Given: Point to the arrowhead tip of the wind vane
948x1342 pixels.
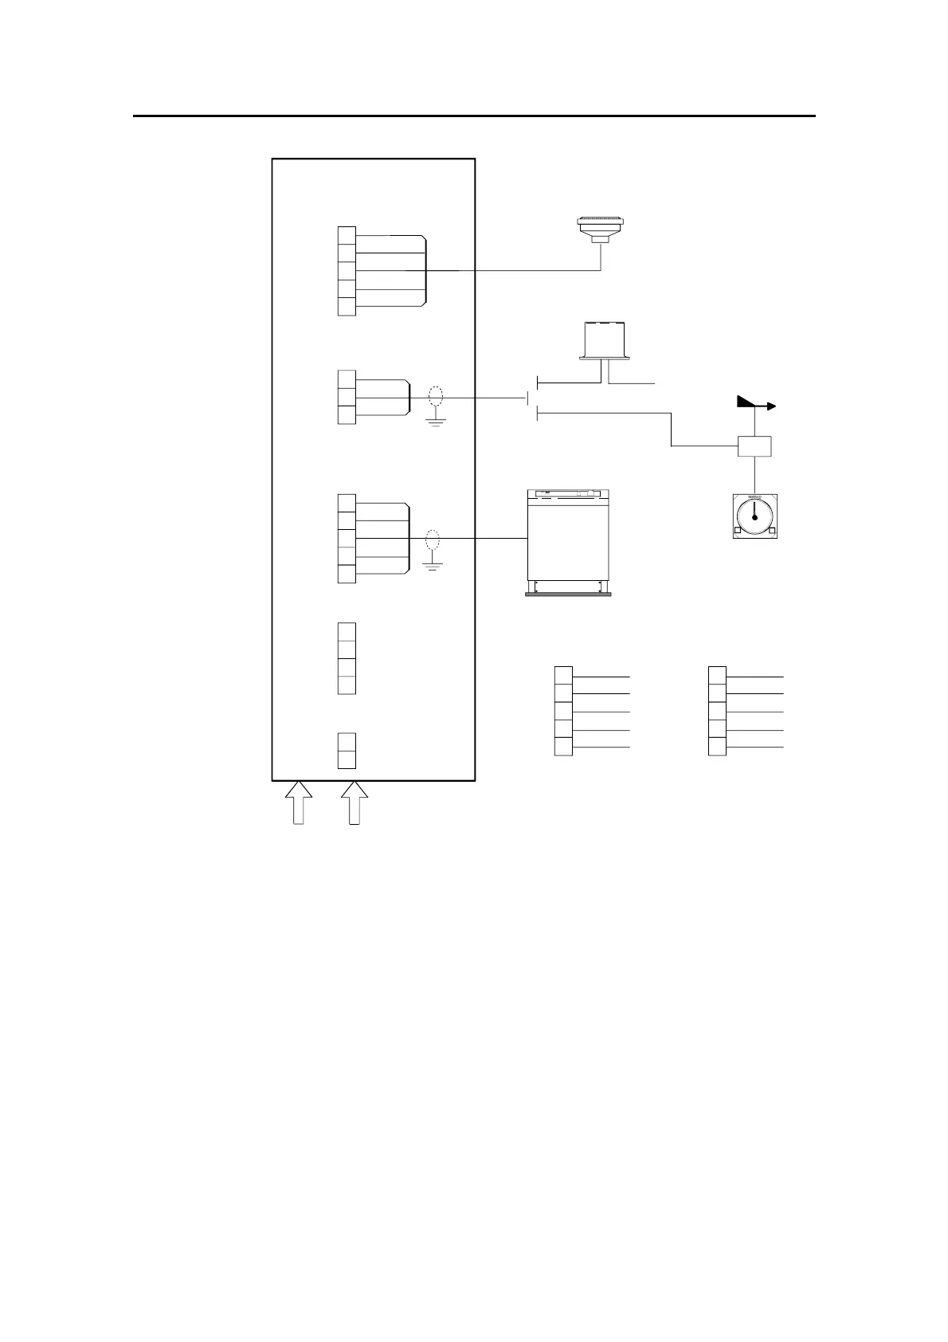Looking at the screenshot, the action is point(774,406).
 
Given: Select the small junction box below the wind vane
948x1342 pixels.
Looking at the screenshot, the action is point(754,446).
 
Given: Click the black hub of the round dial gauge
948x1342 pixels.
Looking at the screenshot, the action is point(754,516).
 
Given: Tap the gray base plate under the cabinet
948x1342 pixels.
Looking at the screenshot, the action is point(568,594).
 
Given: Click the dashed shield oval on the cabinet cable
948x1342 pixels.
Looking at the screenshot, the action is point(433,540).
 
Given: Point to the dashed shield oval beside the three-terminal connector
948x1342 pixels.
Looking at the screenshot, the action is point(435,397).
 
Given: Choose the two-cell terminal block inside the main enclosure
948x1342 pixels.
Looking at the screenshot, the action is point(347,750).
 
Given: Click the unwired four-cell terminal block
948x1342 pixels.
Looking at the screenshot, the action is point(347,658).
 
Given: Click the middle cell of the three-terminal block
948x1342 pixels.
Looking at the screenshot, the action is point(347,397).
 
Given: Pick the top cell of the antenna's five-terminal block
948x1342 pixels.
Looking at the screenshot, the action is point(347,236).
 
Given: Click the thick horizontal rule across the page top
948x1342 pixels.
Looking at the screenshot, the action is point(474,116).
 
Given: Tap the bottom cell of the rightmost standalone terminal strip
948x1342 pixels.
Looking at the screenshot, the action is point(717,747).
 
